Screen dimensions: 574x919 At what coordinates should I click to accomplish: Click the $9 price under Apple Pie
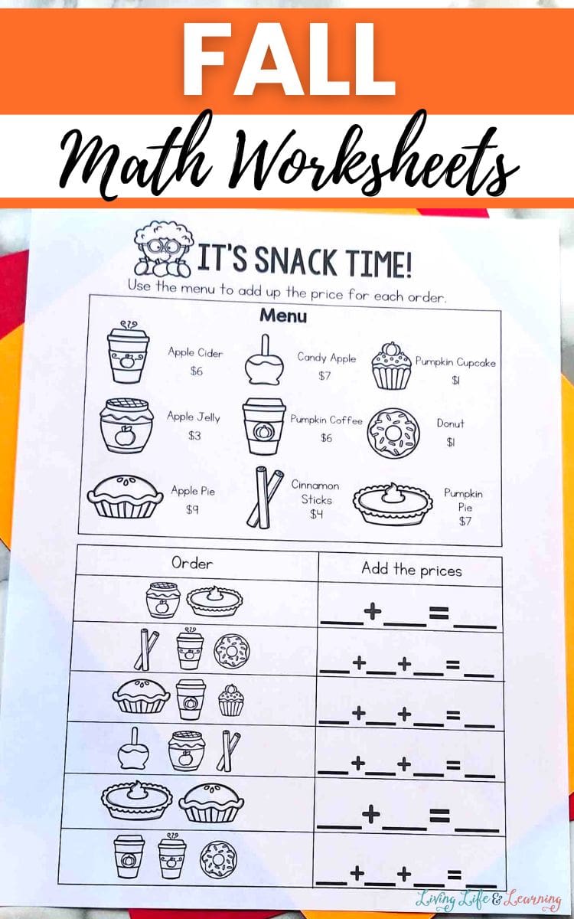pyautogui.click(x=192, y=509)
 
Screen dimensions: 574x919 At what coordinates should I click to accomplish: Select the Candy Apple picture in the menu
pyautogui.click(x=265, y=360)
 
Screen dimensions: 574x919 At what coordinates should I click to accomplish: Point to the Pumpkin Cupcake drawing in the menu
pyautogui.click(x=391, y=365)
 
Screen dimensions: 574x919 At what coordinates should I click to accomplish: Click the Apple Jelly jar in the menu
pyautogui.click(x=126, y=427)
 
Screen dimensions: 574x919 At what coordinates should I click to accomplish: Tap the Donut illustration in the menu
pyautogui.click(x=393, y=433)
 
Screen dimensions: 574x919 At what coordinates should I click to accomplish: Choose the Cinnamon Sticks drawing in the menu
pyautogui.click(x=264, y=497)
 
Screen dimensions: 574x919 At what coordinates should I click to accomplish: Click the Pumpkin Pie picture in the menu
pyautogui.click(x=393, y=504)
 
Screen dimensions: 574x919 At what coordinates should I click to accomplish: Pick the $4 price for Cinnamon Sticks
pyautogui.click(x=317, y=514)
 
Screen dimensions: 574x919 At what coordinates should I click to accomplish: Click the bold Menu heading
pyautogui.click(x=283, y=316)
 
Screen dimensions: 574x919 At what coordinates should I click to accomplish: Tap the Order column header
pyautogui.click(x=192, y=563)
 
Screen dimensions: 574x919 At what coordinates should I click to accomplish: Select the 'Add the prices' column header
pyautogui.click(x=412, y=570)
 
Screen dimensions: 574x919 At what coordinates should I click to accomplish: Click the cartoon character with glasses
pyautogui.click(x=163, y=249)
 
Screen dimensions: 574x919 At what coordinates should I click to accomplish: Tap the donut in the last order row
pyautogui.click(x=217, y=858)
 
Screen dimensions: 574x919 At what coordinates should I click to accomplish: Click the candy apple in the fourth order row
pyautogui.click(x=133, y=751)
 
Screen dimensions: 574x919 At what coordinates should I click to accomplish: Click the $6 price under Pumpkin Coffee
pyautogui.click(x=326, y=438)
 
